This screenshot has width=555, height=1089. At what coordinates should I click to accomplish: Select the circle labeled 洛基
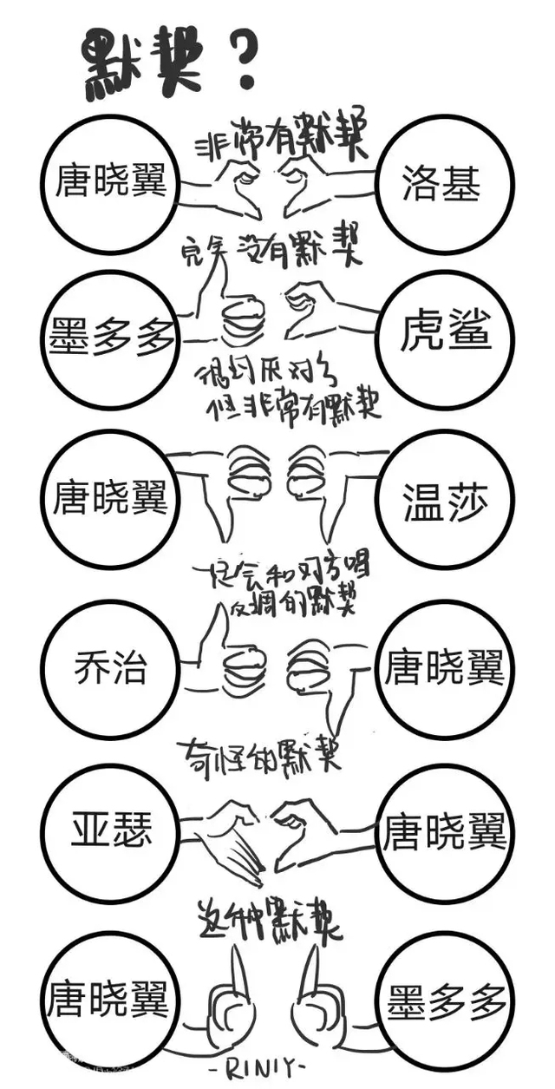[442, 182]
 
